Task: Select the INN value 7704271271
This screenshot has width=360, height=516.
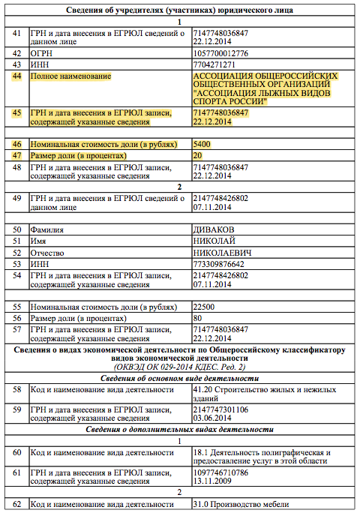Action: point(215,64)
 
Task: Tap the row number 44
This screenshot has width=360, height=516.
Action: point(17,76)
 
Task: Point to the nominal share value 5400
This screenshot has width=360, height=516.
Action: point(202,143)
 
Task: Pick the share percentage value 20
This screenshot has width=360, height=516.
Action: point(198,154)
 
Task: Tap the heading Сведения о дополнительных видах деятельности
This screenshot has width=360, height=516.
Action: point(180,429)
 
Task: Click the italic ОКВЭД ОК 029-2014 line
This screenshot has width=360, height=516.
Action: point(180,368)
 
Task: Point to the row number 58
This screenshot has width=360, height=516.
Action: point(17,390)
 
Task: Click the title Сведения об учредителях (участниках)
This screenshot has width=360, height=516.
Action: point(180,10)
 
